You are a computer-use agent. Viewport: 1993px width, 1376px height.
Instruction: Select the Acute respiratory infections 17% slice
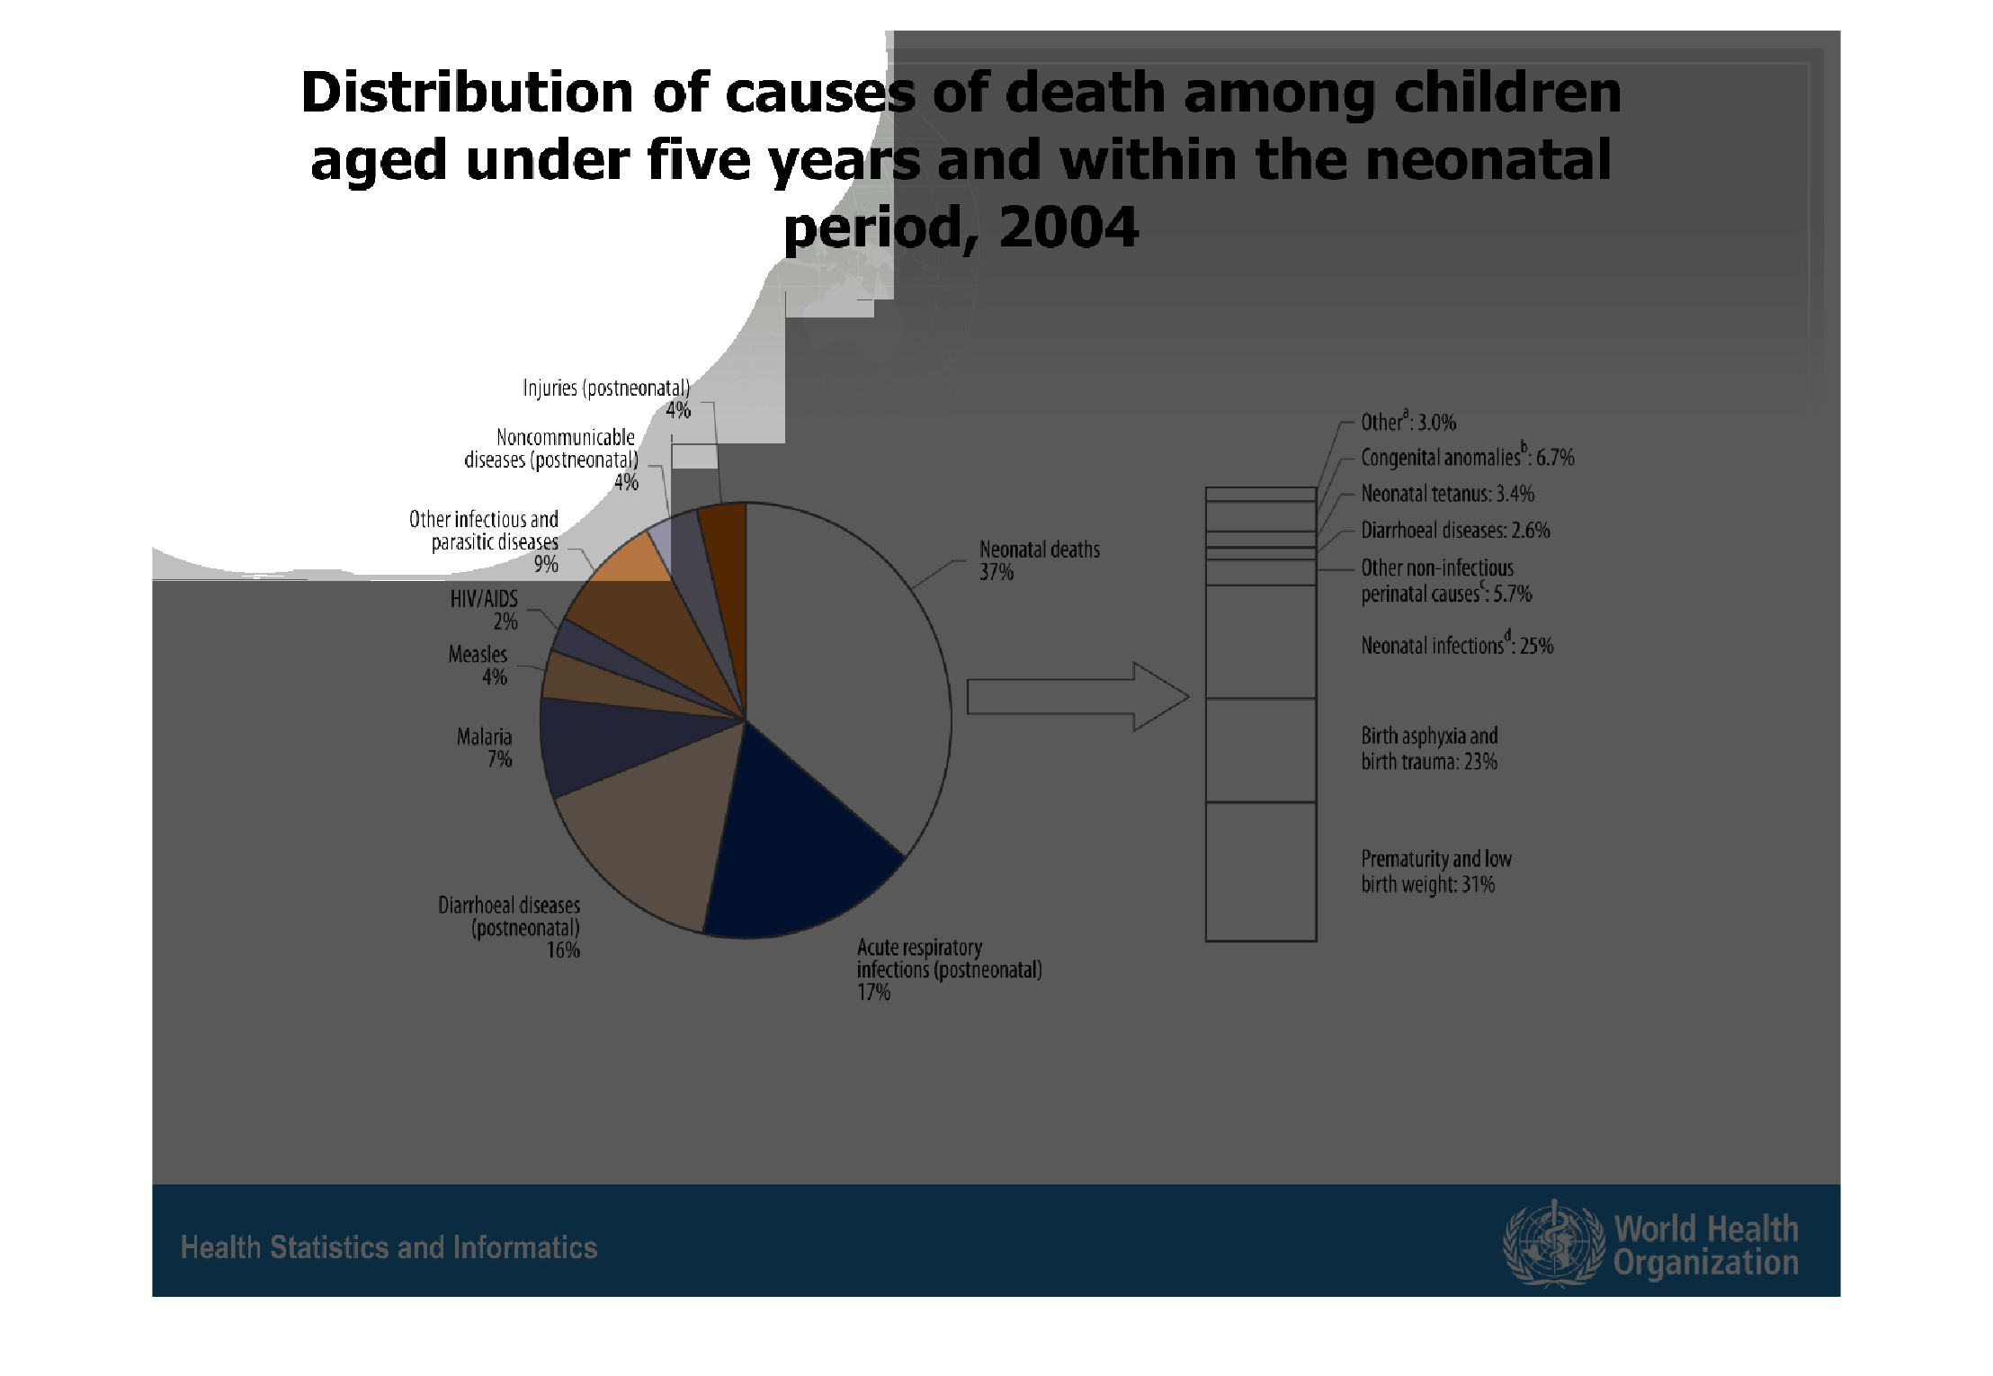pyautogui.click(x=791, y=854)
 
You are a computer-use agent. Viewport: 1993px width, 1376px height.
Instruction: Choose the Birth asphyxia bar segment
pyautogui.click(x=1261, y=750)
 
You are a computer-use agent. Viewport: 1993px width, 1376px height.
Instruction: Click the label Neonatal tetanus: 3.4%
pyautogui.click(x=1447, y=494)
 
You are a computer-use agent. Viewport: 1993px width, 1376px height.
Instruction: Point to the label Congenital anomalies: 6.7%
pyautogui.click(x=1467, y=457)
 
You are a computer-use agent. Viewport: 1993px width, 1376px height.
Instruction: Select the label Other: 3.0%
pyautogui.click(x=1408, y=422)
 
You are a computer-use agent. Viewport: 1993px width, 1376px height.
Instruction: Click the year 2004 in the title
pyautogui.click(x=1068, y=227)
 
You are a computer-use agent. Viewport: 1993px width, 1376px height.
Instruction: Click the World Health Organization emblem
pyautogui.click(x=1553, y=1244)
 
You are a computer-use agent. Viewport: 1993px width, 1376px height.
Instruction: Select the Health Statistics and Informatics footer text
pyautogui.click(x=389, y=1247)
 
